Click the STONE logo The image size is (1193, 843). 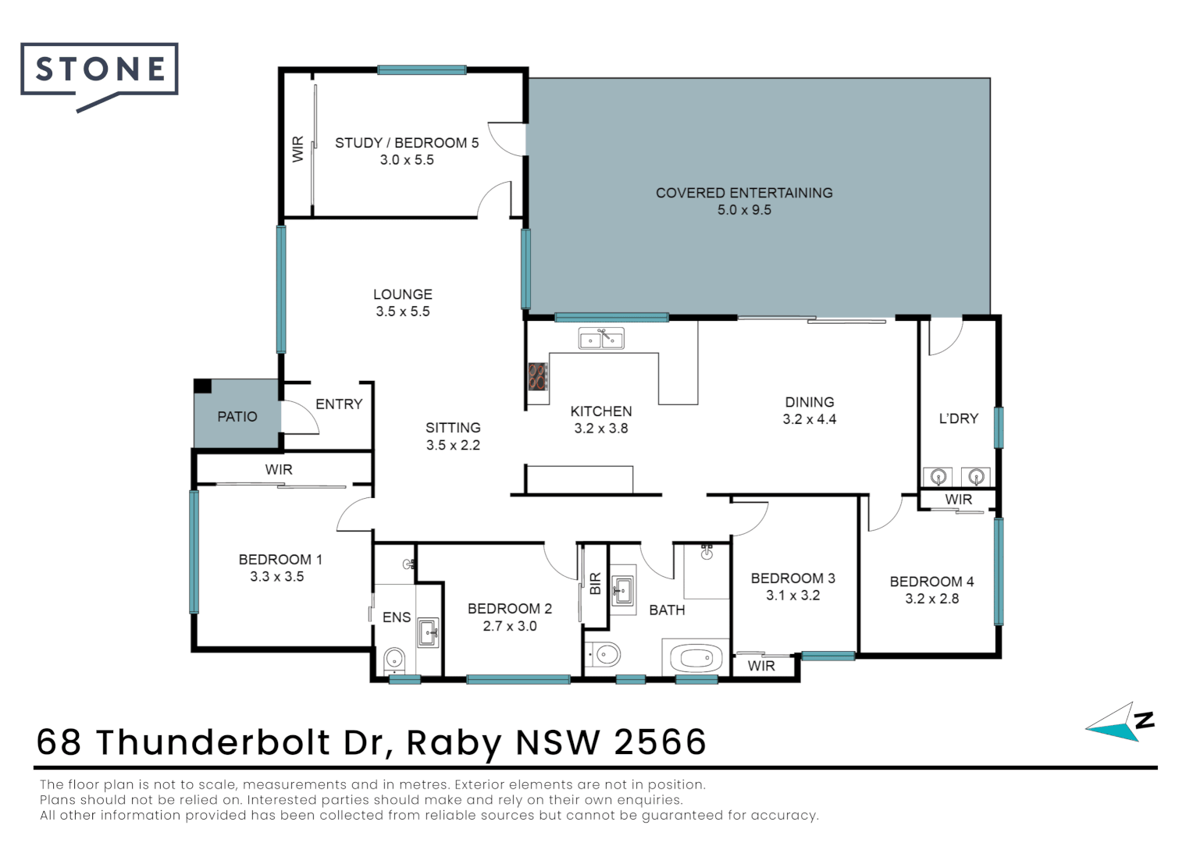point(100,70)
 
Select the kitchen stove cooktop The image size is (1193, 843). point(537,376)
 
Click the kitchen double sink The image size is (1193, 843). point(600,339)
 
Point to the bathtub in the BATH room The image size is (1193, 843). point(696,658)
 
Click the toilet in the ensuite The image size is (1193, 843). point(394,660)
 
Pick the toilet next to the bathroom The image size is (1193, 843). point(604,654)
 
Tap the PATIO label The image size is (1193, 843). point(237,417)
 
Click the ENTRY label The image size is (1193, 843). point(339,404)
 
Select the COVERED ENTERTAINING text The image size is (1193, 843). point(743,193)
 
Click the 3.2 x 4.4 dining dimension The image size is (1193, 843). point(809,419)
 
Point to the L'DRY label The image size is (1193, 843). point(958,418)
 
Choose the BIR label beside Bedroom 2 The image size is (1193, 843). point(596,584)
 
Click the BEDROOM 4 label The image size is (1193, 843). point(931,582)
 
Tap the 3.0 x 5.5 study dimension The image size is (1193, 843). point(406,160)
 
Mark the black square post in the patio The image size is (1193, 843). point(202,386)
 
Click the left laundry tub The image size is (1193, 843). point(938,476)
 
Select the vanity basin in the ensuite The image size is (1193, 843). point(428,632)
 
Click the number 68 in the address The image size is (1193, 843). point(59,742)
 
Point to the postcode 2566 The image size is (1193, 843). point(660,742)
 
